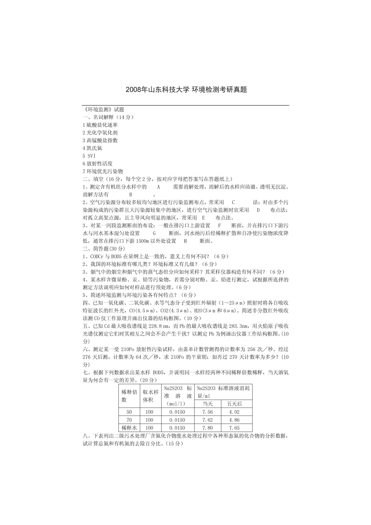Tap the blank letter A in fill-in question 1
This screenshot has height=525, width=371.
pyautogui.click(x=158, y=187)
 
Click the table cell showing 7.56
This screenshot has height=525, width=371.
pyautogui.click(x=207, y=412)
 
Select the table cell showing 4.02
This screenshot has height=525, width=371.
pyautogui.click(x=234, y=412)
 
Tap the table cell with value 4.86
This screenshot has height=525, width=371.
pyautogui.click(x=234, y=420)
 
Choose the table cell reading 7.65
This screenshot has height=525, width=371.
pyautogui.click(x=234, y=428)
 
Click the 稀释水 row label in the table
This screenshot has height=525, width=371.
pyautogui.click(x=129, y=428)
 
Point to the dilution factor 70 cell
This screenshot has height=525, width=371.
pyautogui.click(x=129, y=420)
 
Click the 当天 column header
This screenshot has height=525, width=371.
pyautogui.click(x=207, y=404)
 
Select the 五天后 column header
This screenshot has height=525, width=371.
pyautogui.click(x=234, y=404)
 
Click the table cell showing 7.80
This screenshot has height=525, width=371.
pyautogui.click(x=207, y=428)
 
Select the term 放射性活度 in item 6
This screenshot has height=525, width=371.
pyautogui.click(x=99, y=163)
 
